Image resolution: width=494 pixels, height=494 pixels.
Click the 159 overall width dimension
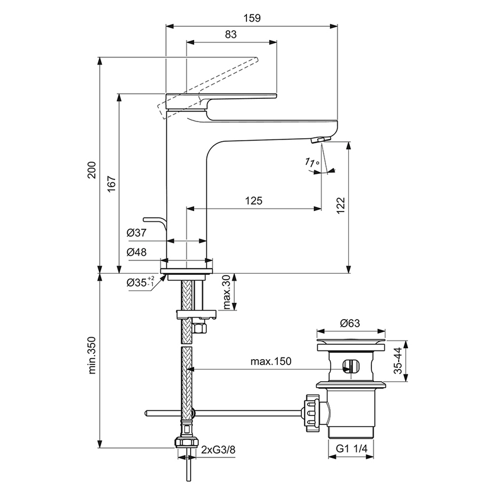pos(252,18)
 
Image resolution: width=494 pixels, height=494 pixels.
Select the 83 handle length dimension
pos(231,34)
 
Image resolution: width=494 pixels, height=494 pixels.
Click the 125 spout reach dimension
pos(253,201)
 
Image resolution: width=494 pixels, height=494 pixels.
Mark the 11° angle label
pos(312,164)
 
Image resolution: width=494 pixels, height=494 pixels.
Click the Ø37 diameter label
pos(137,233)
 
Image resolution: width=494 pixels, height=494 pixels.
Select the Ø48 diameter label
pos(137,252)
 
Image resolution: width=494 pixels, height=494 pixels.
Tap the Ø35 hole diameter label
pos(140,283)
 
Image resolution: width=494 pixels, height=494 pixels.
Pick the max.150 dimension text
pos(271,361)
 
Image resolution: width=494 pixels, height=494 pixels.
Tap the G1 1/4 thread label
pos(352,449)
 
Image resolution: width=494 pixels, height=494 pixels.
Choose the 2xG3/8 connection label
pos(219,449)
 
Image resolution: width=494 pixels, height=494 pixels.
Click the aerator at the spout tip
pos(319,139)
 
